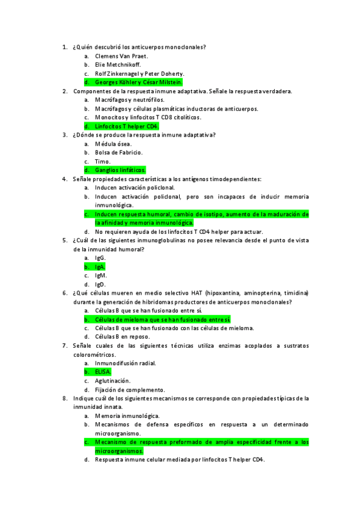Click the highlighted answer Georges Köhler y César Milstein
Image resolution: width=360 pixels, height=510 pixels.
[138, 82]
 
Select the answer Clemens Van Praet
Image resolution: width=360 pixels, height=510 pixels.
[121, 56]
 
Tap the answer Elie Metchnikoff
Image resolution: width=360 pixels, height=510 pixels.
[118, 65]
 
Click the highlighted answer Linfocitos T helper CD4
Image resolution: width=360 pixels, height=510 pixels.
[126, 126]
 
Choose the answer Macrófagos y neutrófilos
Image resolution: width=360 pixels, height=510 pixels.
[129, 100]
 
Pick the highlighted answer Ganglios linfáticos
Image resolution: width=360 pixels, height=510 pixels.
[120, 170]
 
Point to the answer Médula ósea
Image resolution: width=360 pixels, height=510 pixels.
[114, 144]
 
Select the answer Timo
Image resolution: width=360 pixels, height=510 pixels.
[103, 161]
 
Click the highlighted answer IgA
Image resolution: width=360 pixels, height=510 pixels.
[100, 266]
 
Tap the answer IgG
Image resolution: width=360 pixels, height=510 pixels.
[100, 258]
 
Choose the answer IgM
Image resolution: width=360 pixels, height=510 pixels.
[101, 275]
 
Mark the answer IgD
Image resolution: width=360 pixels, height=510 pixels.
[100, 284]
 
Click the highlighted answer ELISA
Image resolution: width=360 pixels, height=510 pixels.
[103, 372]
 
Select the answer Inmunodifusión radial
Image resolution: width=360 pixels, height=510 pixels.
[126, 363]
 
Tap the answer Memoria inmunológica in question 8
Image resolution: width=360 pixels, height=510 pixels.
[127, 416]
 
